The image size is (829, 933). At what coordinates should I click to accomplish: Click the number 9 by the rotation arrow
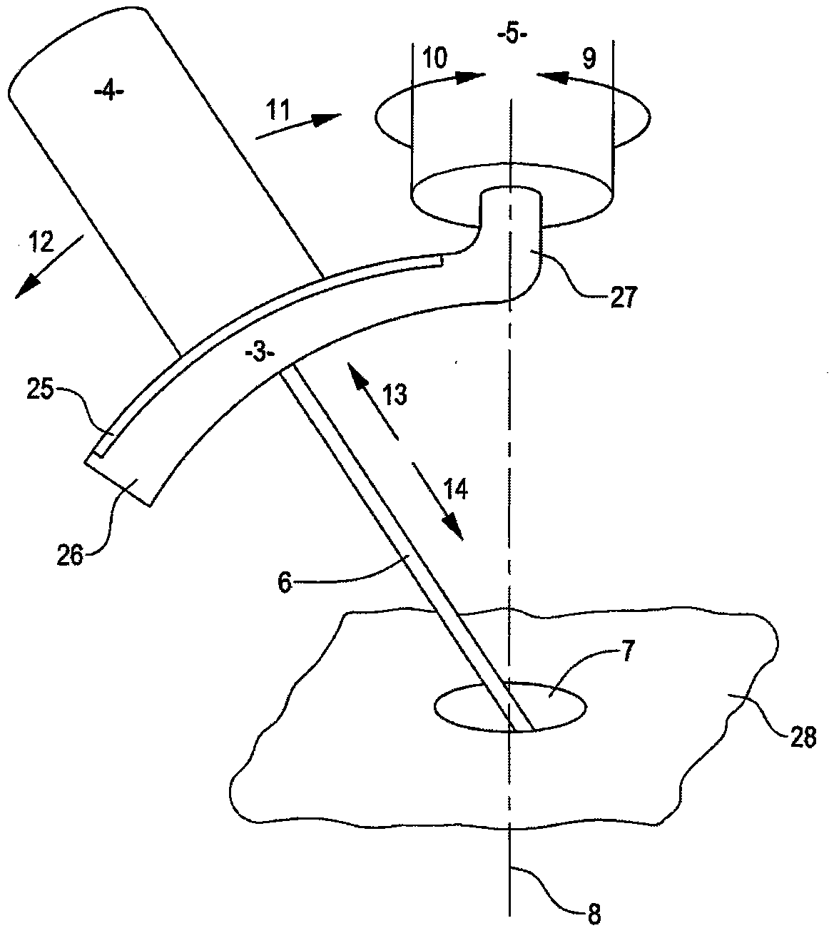pos(588,58)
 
